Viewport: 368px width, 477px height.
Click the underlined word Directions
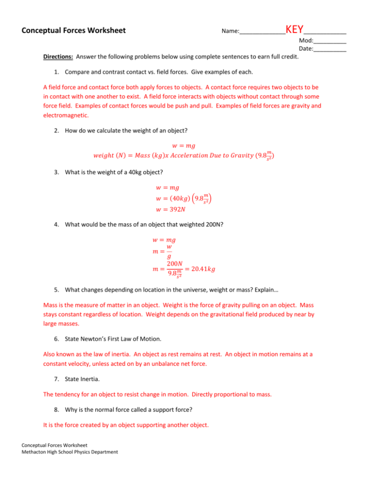click(x=58, y=57)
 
